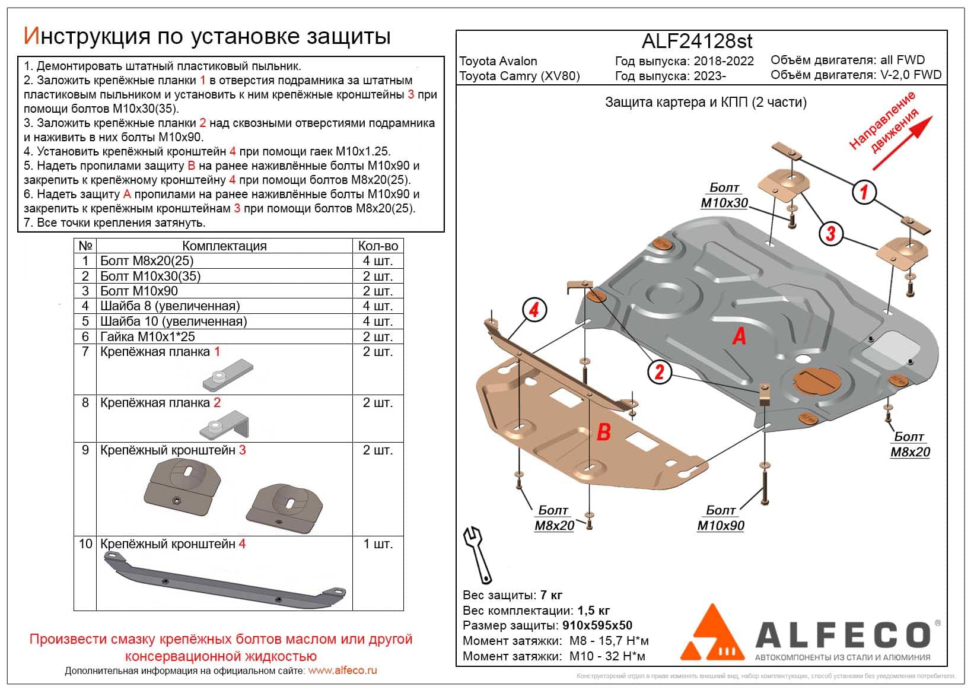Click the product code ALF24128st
(697, 41)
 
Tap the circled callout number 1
(864, 192)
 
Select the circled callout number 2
(659, 372)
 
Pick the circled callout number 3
(830, 233)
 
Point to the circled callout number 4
(534, 309)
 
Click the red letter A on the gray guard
(739, 336)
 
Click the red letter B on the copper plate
(603, 431)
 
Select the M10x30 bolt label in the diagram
(724, 196)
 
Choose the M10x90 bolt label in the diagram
(721, 518)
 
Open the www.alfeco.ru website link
(343, 670)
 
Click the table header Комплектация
(224, 246)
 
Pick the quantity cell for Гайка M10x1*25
(378, 336)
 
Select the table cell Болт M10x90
(139, 291)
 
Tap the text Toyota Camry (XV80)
(520, 75)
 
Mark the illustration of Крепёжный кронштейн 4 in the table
(224, 578)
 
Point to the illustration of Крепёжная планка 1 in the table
(228, 375)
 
